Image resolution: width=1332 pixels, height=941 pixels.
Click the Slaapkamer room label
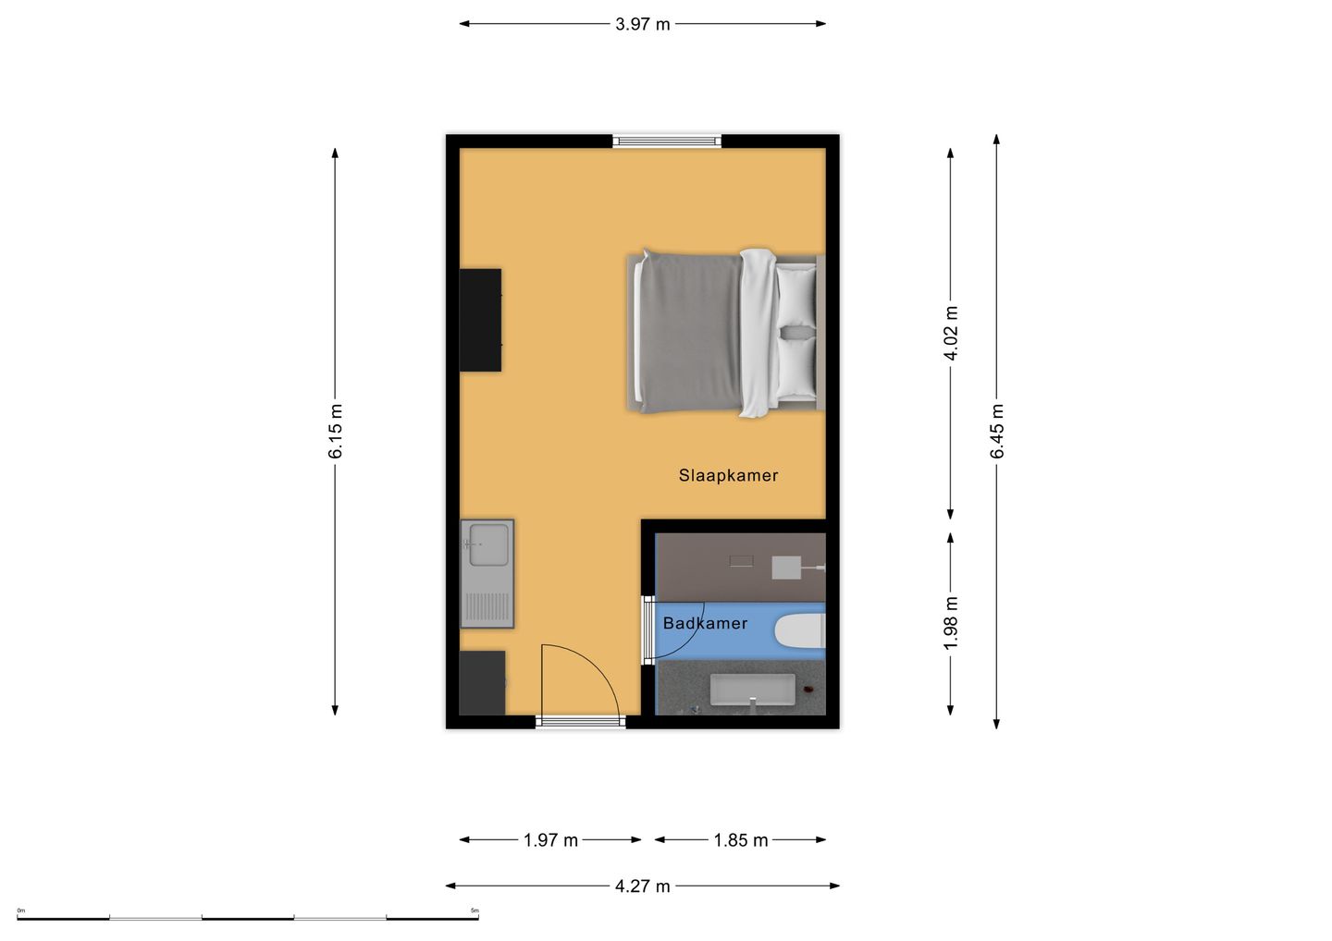click(729, 475)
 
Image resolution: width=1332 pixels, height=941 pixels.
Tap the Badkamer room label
click(705, 623)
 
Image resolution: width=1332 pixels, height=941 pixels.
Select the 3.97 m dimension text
click(642, 24)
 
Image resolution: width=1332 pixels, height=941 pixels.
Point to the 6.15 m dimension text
click(336, 431)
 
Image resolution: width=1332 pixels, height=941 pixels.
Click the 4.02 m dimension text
click(951, 333)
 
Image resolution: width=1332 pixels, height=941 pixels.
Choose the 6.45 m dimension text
click(997, 431)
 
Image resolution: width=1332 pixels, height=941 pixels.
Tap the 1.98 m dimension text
click(951, 623)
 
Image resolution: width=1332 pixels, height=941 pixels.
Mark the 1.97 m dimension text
click(550, 840)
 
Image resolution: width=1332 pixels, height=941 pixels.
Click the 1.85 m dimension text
click(741, 840)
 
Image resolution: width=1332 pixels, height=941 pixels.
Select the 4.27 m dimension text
click(642, 886)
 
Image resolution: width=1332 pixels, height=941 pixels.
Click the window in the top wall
click(667, 141)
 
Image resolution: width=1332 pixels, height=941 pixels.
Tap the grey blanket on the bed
click(690, 333)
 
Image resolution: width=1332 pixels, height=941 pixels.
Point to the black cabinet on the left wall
click(480, 320)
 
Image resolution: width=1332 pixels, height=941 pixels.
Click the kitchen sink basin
click(488, 544)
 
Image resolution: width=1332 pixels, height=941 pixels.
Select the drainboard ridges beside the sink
click(487, 606)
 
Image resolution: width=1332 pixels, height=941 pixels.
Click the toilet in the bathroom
click(800, 631)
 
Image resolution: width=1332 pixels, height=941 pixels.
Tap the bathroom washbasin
click(753, 690)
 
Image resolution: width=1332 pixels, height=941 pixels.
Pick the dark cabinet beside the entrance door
click(482, 683)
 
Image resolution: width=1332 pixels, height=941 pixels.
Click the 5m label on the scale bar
click(475, 910)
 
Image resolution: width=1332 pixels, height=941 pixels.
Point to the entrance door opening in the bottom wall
click(580, 722)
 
